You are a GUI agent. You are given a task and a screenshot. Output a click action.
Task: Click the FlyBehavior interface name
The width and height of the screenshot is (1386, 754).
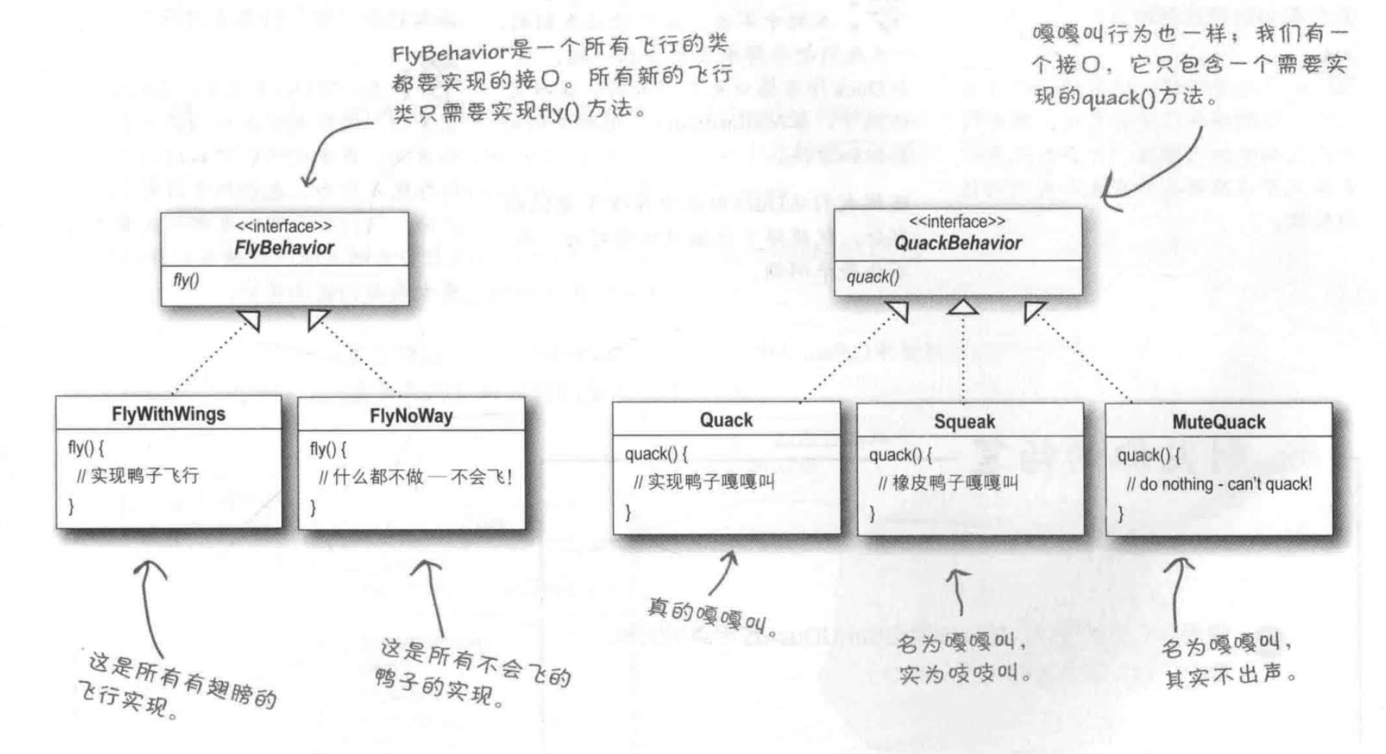click(x=284, y=248)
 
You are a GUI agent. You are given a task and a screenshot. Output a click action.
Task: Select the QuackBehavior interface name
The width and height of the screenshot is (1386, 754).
click(x=958, y=243)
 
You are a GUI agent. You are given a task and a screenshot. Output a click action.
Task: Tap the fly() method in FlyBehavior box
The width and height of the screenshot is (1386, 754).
click(x=185, y=281)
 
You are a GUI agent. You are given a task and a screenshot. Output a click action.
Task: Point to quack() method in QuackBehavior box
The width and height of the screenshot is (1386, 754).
click(x=873, y=277)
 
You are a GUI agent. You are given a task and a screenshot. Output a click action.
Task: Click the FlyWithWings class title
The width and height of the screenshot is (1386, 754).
click(x=168, y=414)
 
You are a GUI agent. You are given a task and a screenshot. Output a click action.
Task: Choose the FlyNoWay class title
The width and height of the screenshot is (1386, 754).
click(x=411, y=416)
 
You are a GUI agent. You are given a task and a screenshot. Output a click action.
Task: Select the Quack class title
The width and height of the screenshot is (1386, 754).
click(x=726, y=420)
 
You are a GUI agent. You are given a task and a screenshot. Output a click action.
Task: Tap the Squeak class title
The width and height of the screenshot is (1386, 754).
click(x=964, y=422)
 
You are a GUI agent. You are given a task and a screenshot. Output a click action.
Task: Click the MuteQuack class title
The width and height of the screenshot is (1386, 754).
click(x=1218, y=422)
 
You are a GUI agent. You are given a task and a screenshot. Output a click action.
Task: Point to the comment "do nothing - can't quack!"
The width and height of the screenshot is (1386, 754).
click(x=1219, y=484)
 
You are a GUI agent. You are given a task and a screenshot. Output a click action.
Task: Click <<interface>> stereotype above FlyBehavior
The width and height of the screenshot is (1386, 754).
click(x=283, y=226)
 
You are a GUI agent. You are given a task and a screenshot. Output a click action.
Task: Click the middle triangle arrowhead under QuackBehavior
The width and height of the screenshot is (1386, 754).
click(x=964, y=307)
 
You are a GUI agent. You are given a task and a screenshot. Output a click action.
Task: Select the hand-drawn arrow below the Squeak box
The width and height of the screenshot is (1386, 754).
click(x=958, y=591)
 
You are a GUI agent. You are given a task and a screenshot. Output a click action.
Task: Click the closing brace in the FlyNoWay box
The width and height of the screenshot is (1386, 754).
click(x=313, y=507)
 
